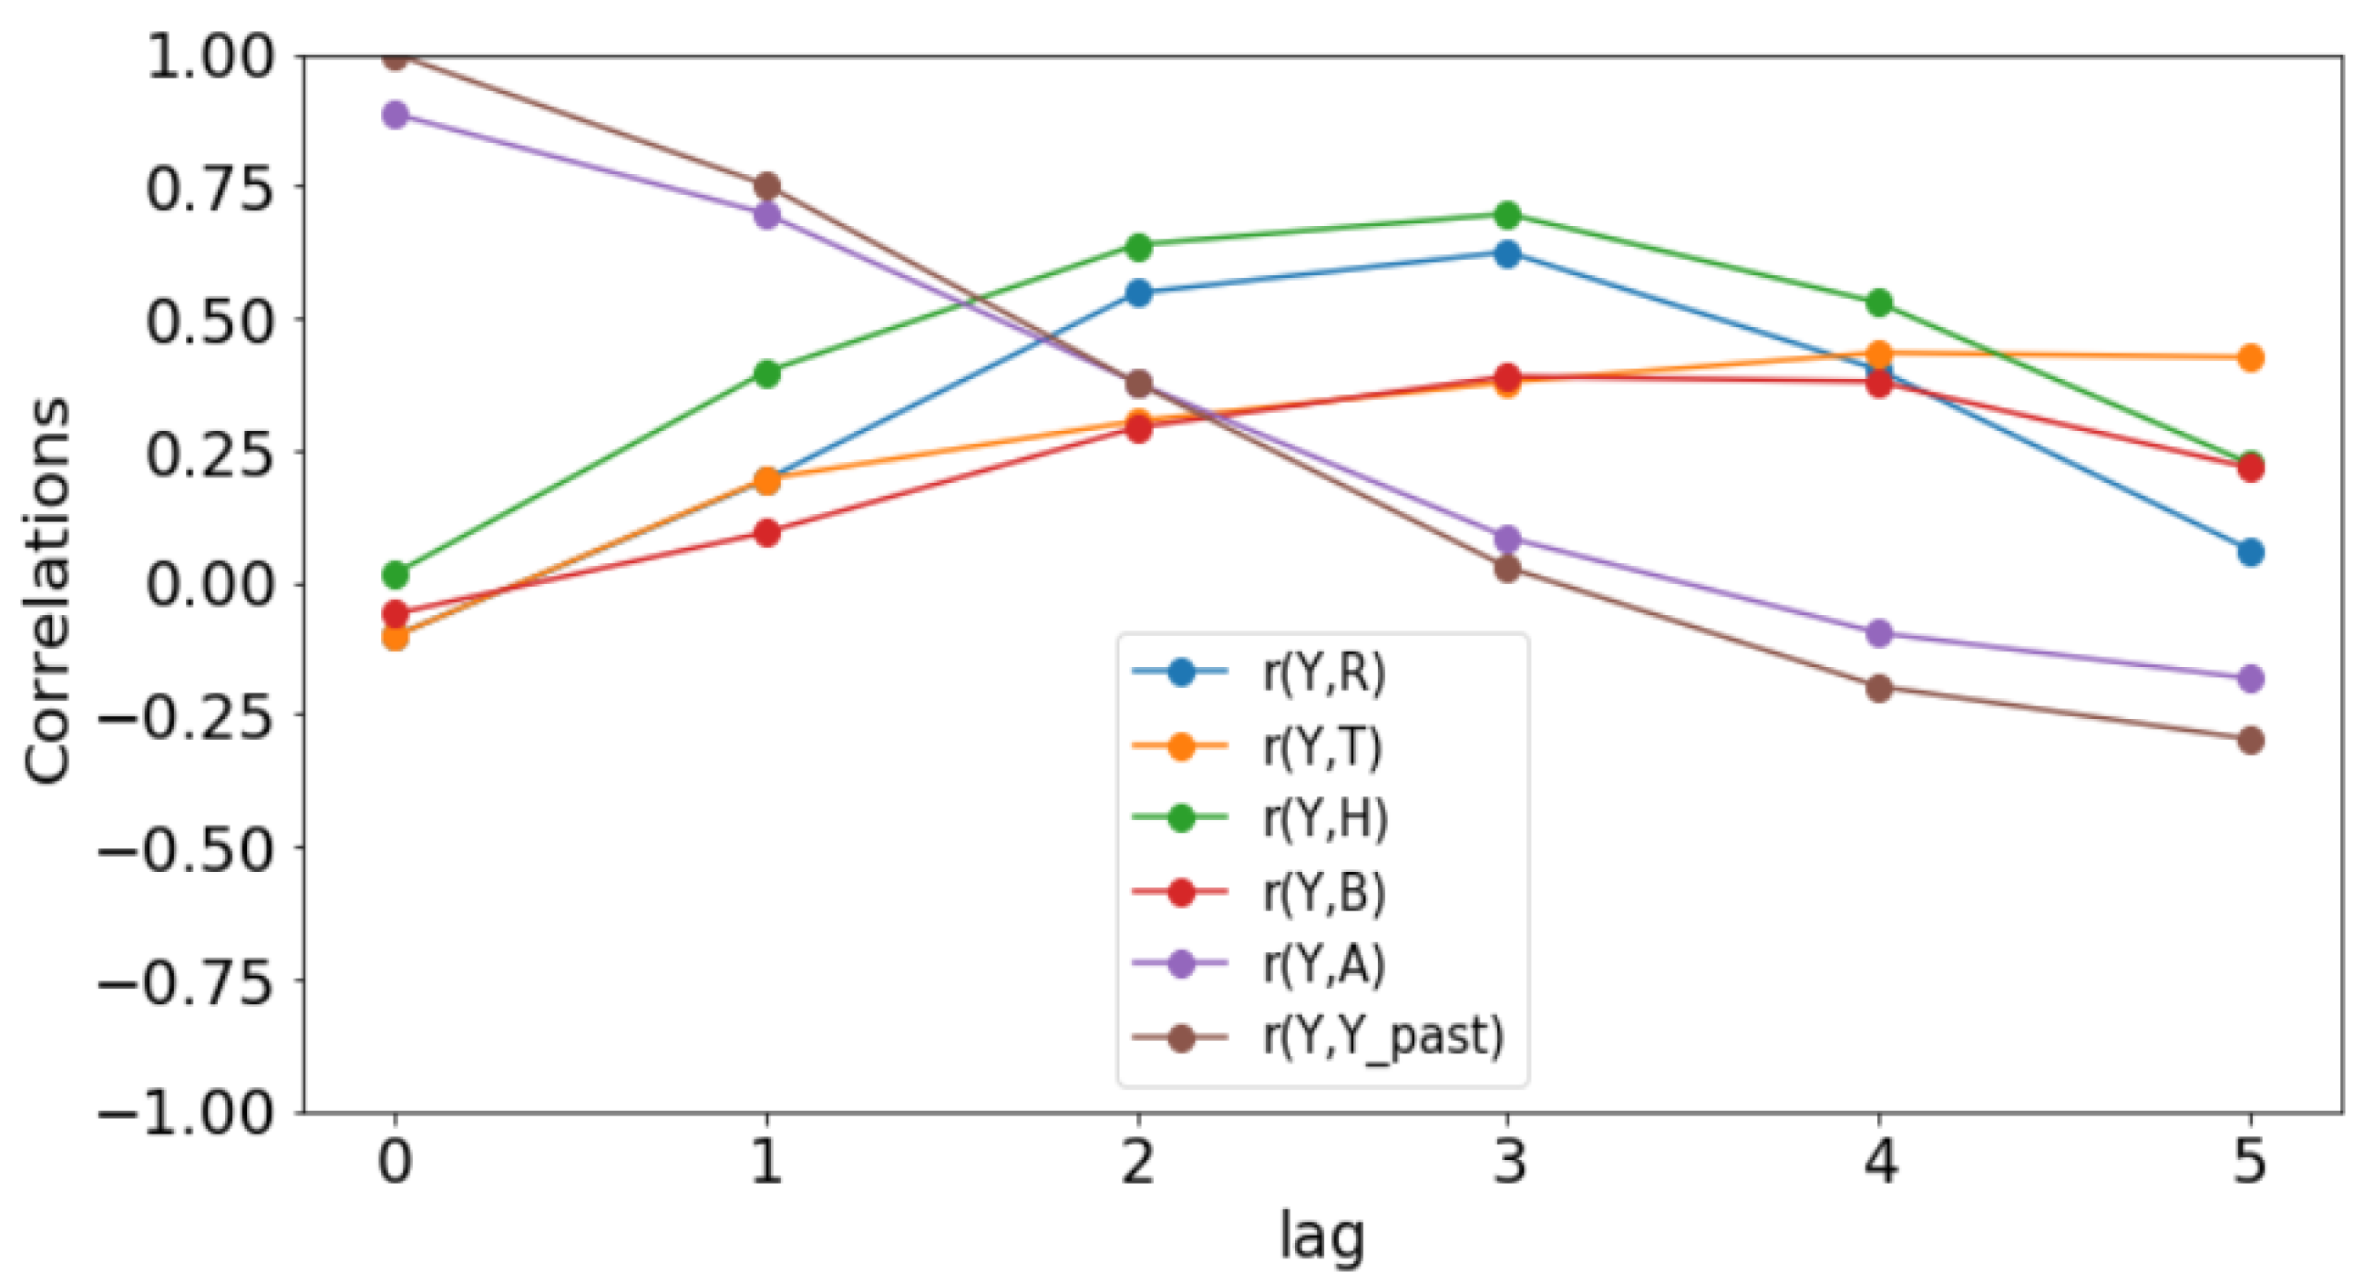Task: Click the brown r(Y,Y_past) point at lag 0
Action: point(396,58)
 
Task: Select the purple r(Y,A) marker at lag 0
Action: point(396,115)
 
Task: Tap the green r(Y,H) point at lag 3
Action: point(1507,216)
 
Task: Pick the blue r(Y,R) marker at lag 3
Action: point(1507,254)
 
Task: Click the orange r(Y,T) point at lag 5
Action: point(2250,357)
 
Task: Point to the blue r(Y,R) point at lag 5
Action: point(2250,553)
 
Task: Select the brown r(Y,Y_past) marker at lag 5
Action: point(2250,740)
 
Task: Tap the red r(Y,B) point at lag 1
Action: point(766,533)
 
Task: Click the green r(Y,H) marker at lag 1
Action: point(766,374)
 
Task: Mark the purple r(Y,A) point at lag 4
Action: point(1879,633)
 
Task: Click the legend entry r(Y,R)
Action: point(1323,672)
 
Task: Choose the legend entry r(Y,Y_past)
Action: point(1382,1038)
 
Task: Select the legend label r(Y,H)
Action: point(1325,818)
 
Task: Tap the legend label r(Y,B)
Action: point(1323,892)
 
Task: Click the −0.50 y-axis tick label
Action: point(185,849)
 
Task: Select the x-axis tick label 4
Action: point(1880,1162)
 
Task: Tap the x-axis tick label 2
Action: point(1139,1162)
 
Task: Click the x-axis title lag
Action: point(1321,1237)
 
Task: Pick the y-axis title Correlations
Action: point(48,590)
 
